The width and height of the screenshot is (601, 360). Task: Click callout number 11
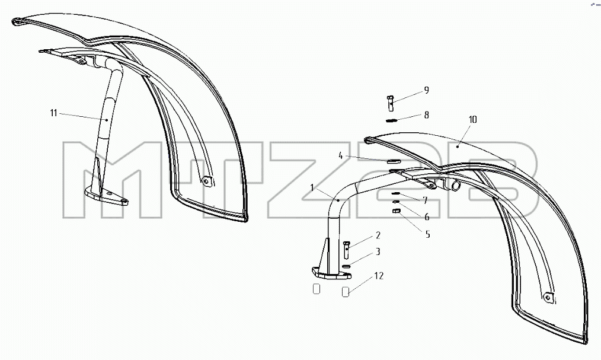(x=53, y=113)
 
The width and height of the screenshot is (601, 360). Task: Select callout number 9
(x=426, y=91)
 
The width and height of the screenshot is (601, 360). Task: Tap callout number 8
(x=426, y=115)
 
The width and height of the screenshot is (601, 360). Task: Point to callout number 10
(x=473, y=120)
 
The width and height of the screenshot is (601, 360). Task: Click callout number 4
(x=340, y=155)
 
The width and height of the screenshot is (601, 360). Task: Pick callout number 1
(x=312, y=188)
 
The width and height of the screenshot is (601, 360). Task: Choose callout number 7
(x=425, y=200)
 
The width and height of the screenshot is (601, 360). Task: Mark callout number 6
(x=427, y=217)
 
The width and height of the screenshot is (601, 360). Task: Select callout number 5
(x=428, y=234)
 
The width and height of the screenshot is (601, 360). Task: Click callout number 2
(x=378, y=235)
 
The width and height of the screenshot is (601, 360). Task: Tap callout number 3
(x=378, y=252)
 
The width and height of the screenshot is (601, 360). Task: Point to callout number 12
(x=379, y=276)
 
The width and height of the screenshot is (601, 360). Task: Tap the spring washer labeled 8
(x=390, y=120)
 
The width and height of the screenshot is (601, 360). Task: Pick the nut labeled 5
(x=397, y=211)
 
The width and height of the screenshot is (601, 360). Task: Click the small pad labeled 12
(x=346, y=292)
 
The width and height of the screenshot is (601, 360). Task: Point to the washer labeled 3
(x=347, y=266)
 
